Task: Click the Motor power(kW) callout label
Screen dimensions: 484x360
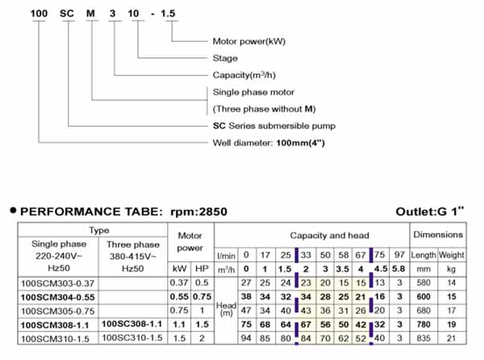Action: coord(248,41)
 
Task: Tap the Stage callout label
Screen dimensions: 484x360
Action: coord(225,58)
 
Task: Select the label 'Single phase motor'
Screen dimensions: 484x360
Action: coord(253,92)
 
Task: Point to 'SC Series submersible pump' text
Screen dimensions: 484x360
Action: coord(274,126)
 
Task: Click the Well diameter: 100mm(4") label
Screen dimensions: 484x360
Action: coord(269,143)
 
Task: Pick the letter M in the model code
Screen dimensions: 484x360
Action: coord(90,14)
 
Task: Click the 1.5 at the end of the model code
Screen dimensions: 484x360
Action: coord(168,14)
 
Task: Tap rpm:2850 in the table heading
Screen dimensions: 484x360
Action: coord(198,211)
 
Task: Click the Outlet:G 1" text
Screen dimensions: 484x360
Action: coord(430,211)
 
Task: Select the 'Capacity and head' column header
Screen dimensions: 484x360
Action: coord(329,236)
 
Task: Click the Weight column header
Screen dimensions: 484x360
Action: coord(451,255)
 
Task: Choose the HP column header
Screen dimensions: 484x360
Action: coord(202,269)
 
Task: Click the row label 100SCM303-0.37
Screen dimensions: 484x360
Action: coord(57,283)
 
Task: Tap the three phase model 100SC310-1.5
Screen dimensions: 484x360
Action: coord(132,337)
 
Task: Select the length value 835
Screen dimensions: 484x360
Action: coord(423,338)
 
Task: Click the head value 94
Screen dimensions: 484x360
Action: coord(246,338)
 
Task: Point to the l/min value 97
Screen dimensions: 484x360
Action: coord(399,255)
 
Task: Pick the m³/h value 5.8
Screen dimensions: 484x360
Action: coord(398,269)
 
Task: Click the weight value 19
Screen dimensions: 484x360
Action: coord(451,324)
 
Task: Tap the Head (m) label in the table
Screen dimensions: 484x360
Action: coord(226,309)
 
